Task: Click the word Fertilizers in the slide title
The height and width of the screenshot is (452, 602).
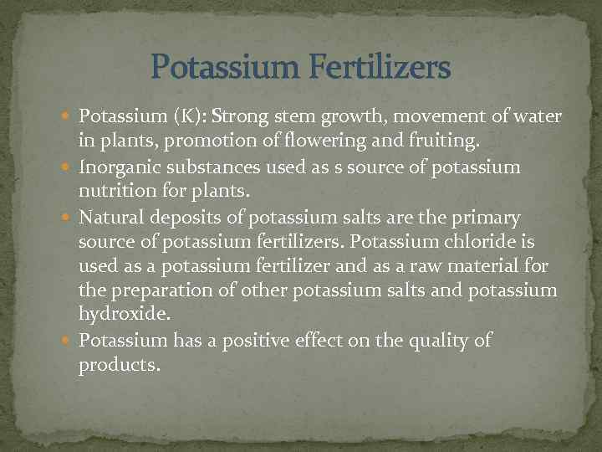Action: (x=381, y=67)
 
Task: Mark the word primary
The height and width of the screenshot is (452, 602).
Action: (x=487, y=218)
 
